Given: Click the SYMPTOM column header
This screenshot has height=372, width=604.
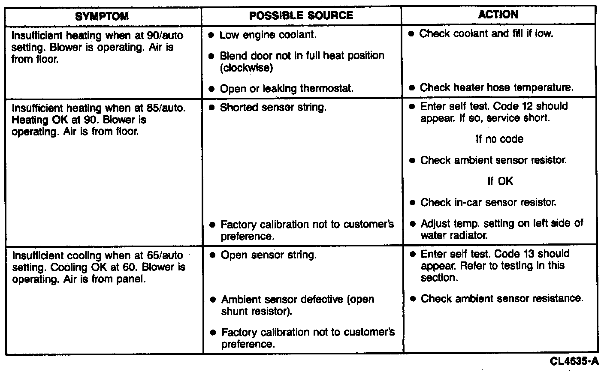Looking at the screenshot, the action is (x=102, y=17).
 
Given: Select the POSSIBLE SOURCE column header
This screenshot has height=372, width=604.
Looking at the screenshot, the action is (x=301, y=16).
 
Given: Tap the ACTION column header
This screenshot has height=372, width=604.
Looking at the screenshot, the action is (x=498, y=15).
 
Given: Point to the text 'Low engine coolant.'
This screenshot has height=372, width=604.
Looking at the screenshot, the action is (x=268, y=35).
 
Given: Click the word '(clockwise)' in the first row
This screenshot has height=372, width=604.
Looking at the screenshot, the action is (x=246, y=68).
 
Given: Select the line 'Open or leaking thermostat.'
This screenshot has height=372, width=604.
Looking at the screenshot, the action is (x=287, y=89).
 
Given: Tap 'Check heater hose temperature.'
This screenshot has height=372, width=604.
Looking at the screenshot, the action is (x=496, y=88).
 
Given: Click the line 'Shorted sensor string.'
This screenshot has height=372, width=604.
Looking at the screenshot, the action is (x=273, y=107).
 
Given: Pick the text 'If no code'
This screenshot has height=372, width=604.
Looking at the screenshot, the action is (x=499, y=139).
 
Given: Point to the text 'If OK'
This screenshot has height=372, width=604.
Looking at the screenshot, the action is (x=500, y=181).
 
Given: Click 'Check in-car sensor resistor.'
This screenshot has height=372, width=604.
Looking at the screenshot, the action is (x=488, y=202).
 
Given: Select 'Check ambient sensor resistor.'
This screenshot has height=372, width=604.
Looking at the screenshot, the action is (x=493, y=160).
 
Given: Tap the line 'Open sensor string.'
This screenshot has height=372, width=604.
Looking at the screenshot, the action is (x=269, y=255).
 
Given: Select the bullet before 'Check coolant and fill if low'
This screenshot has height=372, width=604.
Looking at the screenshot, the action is (x=411, y=33).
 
